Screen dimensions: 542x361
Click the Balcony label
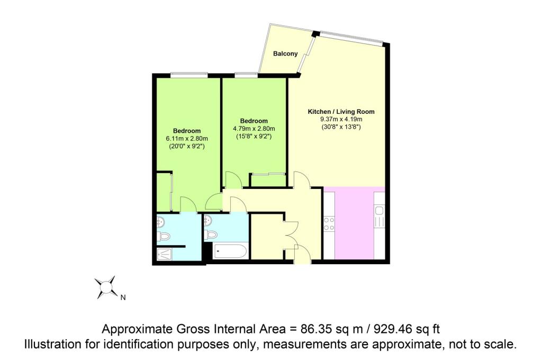tap(285, 53)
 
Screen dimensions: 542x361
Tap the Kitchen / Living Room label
tap(341, 112)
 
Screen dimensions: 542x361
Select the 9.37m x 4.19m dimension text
tap(341, 119)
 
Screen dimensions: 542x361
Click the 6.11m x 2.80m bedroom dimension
tap(187, 139)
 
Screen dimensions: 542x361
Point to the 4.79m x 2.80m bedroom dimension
tap(254, 129)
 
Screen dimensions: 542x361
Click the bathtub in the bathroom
tap(230, 251)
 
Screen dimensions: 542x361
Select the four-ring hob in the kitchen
tap(329, 223)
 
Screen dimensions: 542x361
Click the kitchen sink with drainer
tap(379, 216)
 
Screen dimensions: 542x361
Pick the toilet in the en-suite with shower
tap(164, 237)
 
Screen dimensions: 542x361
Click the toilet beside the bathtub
tap(211, 235)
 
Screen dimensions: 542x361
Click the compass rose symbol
tap(106, 287)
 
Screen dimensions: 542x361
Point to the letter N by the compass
tap(123, 297)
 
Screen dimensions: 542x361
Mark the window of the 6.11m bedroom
tap(189, 74)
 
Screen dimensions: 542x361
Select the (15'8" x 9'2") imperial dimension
tap(254, 136)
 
